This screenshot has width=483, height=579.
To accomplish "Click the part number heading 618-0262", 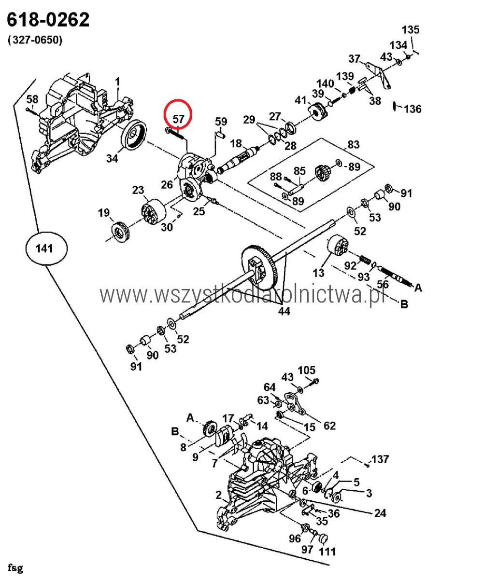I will [x=48, y=20].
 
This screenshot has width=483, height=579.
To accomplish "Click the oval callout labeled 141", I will [x=46, y=248].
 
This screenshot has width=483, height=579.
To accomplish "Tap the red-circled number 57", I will [x=178, y=119].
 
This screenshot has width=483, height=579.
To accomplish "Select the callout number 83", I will [x=353, y=144].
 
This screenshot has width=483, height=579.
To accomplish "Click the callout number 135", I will [x=411, y=30].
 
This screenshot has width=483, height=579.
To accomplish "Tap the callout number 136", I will [x=412, y=109].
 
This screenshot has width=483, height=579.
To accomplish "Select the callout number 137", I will [x=380, y=459].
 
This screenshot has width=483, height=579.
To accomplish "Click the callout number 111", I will [x=327, y=551].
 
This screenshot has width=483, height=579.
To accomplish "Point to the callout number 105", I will [x=306, y=370].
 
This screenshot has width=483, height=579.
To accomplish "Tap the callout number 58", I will [x=32, y=99].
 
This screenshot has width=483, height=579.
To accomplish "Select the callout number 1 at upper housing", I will [x=117, y=82].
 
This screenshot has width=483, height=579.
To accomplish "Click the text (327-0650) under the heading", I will [x=35, y=41].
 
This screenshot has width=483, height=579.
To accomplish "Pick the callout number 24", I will [x=380, y=513].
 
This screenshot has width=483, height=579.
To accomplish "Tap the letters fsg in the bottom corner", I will [x=15, y=567].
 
